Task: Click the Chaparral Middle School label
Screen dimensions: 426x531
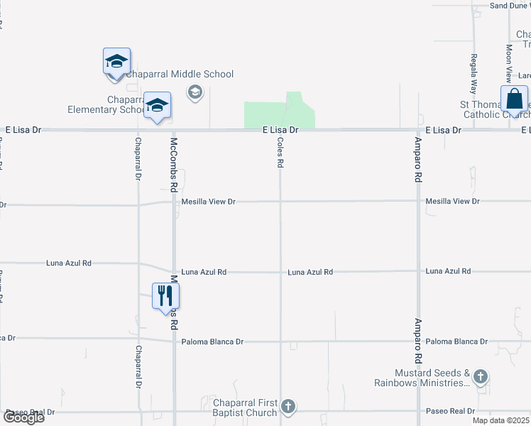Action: point(180,74)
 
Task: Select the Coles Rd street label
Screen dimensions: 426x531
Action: point(280,152)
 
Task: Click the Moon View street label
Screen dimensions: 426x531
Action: point(508,62)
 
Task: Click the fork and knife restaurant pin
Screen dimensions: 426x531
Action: point(165,295)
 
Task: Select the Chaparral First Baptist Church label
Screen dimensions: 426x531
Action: point(245,408)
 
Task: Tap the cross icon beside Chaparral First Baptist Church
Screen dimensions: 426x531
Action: point(288,407)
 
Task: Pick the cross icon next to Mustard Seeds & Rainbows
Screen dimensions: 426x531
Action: point(481,376)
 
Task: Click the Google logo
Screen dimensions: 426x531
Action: point(23,417)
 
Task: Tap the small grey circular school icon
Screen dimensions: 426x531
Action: point(195,92)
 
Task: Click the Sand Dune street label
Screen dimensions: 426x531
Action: point(509,6)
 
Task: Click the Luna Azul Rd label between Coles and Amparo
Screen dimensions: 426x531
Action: point(310,272)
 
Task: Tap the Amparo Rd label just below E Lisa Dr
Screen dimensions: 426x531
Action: point(419,160)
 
